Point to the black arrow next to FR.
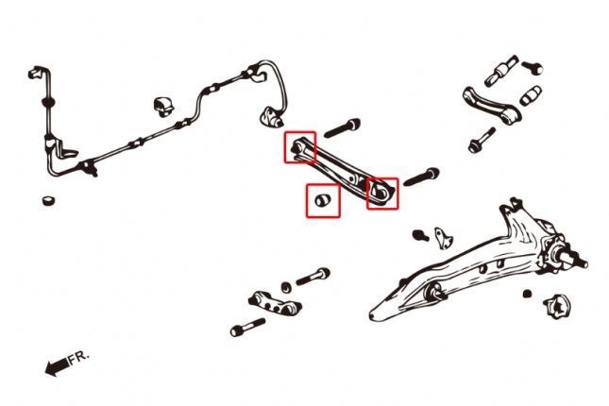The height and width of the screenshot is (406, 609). pyautogui.click(x=57, y=366)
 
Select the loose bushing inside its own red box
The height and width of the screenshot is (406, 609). pyautogui.click(x=323, y=199)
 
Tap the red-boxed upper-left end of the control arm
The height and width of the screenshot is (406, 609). pyautogui.click(x=300, y=147)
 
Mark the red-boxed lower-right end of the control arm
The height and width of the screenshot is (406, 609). pyautogui.click(x=382, y=193)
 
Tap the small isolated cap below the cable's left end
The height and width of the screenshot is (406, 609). pyautogui.click(x=48, y=200)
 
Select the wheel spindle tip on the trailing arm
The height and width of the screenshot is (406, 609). pyautogui.click(x=577, y=257)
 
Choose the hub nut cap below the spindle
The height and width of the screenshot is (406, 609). pyautogui.click(x=554, y=306)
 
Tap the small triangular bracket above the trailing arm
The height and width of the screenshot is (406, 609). pyautogui.click(x=441, y=233)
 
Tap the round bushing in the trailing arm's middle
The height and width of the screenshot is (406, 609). pyautogui.click(x=437, y=294)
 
